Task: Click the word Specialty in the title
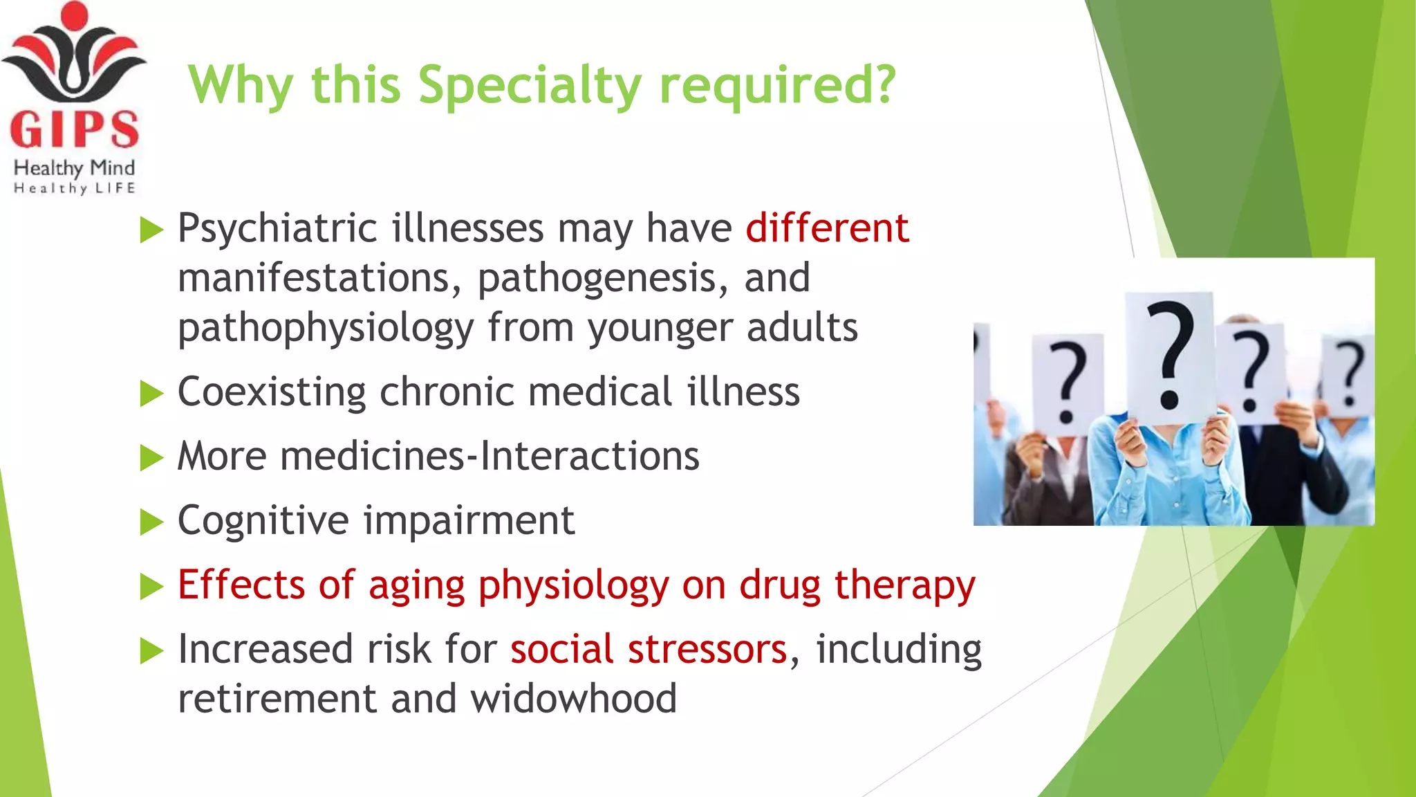point(530,86)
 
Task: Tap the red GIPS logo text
point(74,129)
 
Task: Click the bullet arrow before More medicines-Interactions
point(151,457)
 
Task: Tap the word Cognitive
point(263,520)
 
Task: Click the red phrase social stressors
point(649,649)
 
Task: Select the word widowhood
point(573,698)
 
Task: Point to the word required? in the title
point(778,86)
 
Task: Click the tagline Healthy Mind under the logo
point(74,167)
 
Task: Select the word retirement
point(277,698)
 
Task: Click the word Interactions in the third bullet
point(590,456)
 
